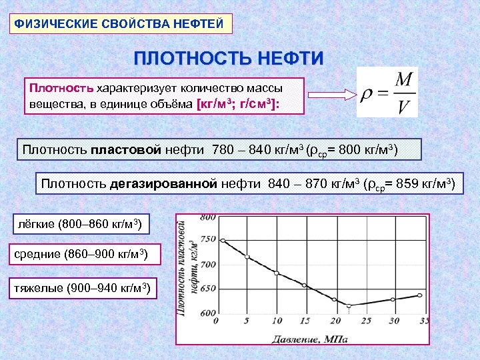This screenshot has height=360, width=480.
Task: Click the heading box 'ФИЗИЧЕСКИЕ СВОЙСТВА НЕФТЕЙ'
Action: click(123, 23)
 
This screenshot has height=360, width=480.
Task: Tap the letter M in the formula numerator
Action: click(403, 80)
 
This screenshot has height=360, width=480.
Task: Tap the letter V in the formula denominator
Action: click(403, 107)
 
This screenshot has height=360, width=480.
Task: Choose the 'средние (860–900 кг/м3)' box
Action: click(79, 255)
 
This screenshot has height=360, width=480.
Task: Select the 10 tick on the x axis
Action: click(276, 322)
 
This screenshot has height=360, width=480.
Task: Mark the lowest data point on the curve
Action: click(348, 305)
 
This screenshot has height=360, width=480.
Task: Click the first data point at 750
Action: click(223, 241)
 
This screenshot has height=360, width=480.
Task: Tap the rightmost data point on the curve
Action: click(419, 295)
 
